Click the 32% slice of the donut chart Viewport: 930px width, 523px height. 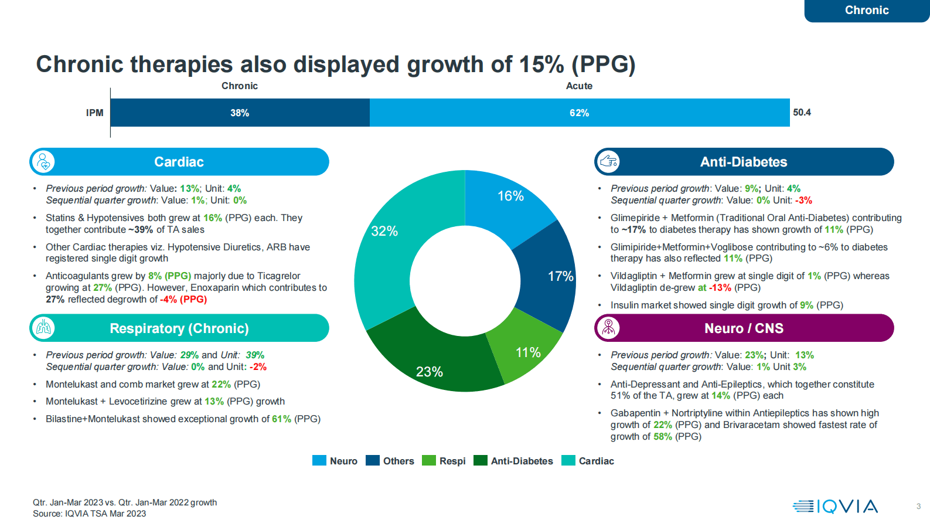coord(384,246)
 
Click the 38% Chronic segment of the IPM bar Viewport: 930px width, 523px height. coord(240,113)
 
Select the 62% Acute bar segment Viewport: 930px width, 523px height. coord(579,113)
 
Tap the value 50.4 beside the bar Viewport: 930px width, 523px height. coord(802,113)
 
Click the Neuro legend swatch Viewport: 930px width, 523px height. coord(319,461)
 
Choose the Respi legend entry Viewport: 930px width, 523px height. coord(444,461)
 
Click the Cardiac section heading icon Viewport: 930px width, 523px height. coord(43,162)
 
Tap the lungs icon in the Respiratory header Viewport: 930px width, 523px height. coord(43,328)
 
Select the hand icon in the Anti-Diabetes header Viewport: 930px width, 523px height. coord(608,162)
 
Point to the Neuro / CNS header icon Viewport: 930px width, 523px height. coord(608,328)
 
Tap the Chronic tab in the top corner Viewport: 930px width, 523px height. coord(867,11)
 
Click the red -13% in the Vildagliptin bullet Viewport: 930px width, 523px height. coord(720,288)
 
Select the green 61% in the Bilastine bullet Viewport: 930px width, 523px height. coord(281,419)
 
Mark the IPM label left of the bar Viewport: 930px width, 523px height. coord(94,113)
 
